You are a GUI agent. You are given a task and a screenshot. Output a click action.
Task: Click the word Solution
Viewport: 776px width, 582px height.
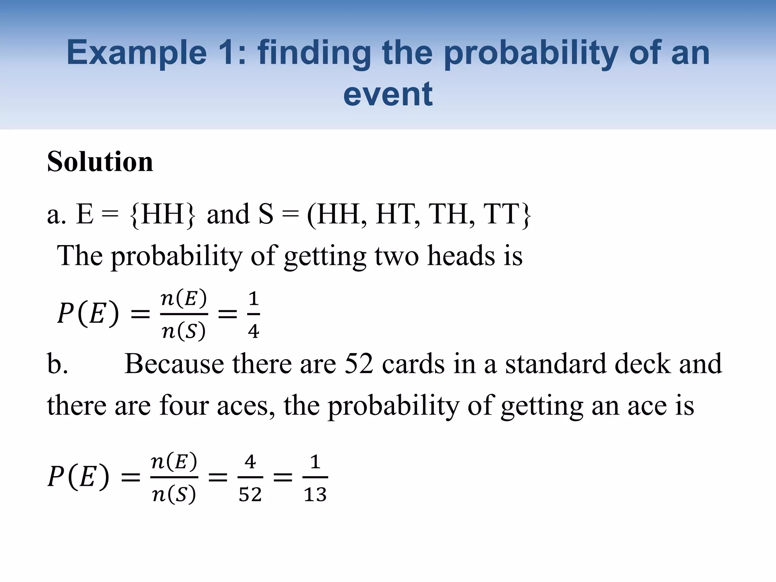100,162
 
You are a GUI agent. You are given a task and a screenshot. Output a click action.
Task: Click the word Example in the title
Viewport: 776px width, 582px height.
137,53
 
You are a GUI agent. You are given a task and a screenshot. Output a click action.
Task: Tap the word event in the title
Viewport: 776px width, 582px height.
388,94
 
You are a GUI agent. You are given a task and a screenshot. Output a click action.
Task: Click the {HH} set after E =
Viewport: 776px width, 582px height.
163,214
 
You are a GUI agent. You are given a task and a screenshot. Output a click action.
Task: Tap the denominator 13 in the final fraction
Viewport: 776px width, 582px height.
315,494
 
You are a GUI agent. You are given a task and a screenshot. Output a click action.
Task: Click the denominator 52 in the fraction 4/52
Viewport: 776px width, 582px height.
250,494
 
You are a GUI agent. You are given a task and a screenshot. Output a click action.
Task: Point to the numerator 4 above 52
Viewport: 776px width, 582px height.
250,462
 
